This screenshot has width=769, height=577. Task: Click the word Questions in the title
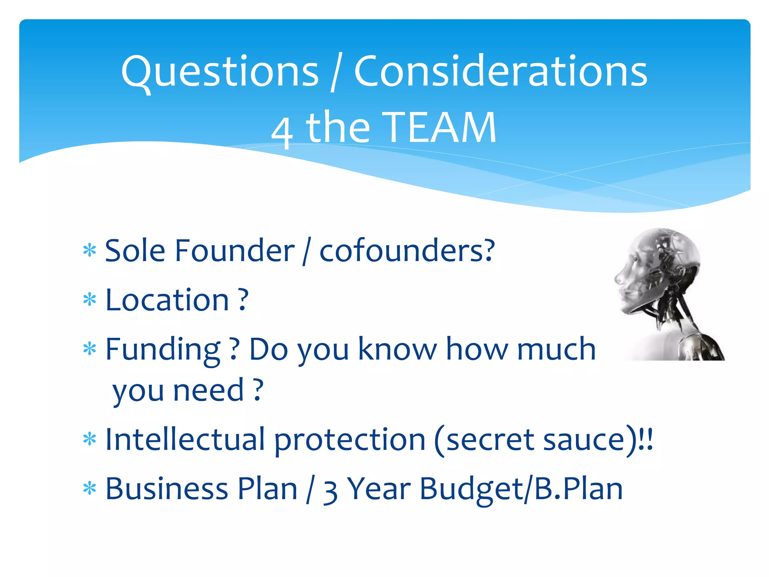[x=220, y=72]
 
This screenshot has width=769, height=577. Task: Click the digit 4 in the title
[x=282, y=131]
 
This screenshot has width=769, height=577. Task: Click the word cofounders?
[x=407, y=251]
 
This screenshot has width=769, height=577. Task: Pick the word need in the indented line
[x=208, y=391]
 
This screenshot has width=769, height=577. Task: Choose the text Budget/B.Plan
[x=521, y=489]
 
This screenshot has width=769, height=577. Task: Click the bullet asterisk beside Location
[x=90, y=300]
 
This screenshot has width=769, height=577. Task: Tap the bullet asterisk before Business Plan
[x=90, y=489]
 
